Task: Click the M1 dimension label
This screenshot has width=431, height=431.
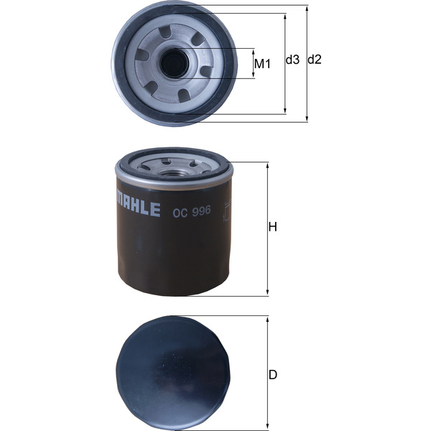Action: coord(262,64)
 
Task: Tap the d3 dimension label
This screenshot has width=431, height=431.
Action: coord(292,60)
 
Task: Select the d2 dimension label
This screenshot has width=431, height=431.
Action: coord(314,60)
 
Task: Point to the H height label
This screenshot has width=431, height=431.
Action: coord(272,228)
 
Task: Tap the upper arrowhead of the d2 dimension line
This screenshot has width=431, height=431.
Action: coord(307,7)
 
